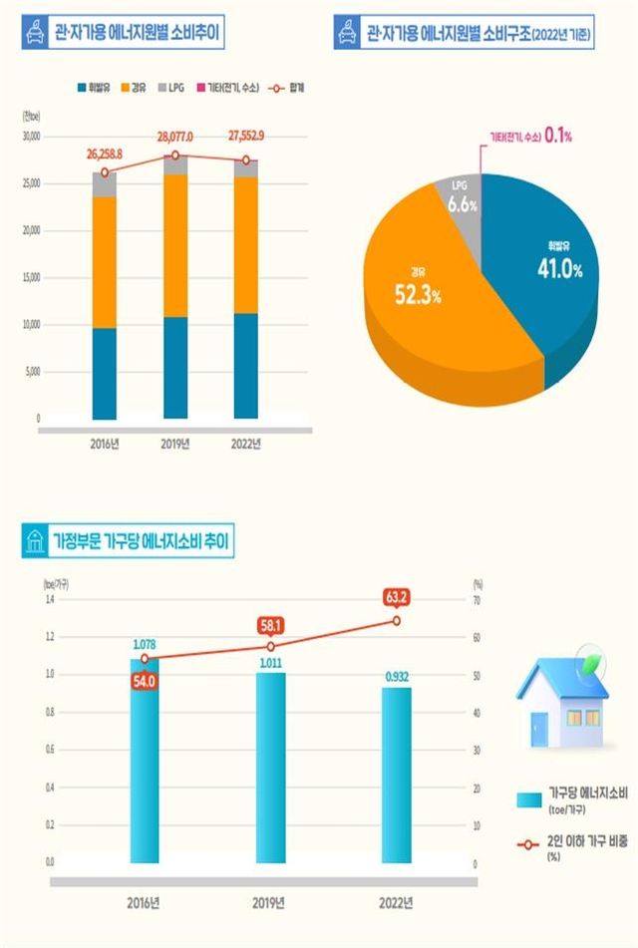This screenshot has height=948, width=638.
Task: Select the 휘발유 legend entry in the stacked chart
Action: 96,89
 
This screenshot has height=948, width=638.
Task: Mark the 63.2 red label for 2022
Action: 396,598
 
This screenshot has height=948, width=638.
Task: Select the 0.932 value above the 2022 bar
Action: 396,677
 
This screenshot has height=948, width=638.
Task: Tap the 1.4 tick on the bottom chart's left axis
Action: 49,599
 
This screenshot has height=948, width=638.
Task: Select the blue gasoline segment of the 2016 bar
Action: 105,373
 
